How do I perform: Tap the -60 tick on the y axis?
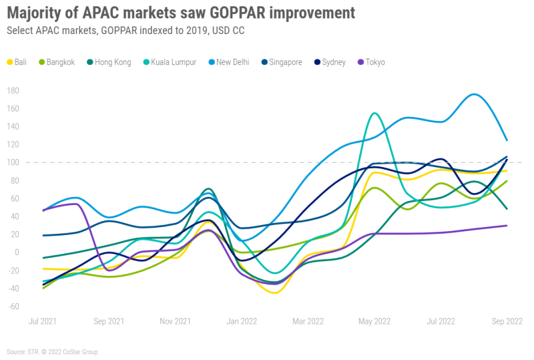pos(12,307)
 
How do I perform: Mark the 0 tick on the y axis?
pos(16,252)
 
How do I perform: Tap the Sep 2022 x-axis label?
pos(507,321)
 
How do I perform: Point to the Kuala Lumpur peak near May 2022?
pos(374,113)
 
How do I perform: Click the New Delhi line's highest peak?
pos(474,94)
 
